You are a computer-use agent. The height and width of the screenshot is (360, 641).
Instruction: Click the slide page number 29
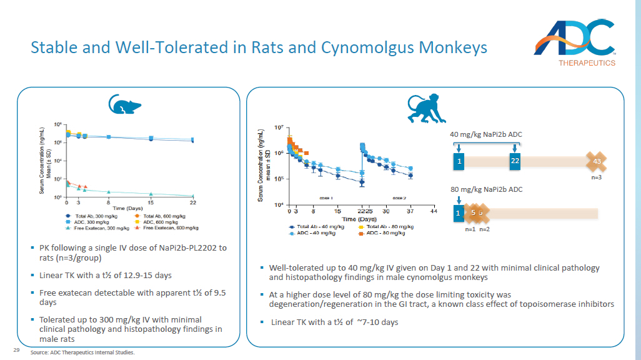tap(17, 350)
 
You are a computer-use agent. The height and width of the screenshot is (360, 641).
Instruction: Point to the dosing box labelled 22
tap(515, 161)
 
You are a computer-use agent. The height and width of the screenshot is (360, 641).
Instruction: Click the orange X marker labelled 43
tap(597, 162)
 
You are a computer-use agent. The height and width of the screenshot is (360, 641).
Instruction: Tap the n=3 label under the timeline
tap(596, 178)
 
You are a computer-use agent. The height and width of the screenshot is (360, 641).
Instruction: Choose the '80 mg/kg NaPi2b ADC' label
tap(486, 189)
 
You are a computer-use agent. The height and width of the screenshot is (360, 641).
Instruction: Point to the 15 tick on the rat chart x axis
tap(151, 202)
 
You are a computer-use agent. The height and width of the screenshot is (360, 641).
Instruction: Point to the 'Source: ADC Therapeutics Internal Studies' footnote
tap(82, 352)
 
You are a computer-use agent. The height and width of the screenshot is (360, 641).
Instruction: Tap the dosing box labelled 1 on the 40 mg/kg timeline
tap(459, 161)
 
